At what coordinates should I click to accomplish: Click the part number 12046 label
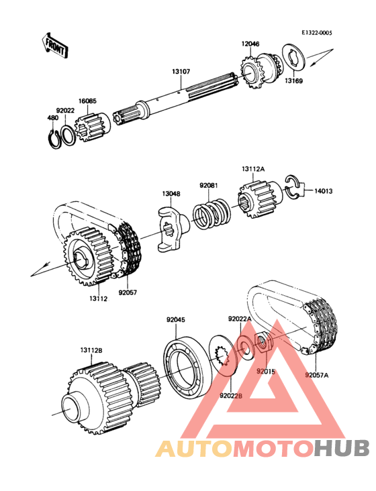[x=250, y=44]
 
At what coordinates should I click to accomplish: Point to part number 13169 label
[x=293, y=81]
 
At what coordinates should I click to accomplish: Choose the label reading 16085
[x=87, y=101]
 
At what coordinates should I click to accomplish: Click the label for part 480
[x=52, y=118]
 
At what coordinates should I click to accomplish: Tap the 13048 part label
[x=171, y=195]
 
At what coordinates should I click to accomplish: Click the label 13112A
[x=254, y=170]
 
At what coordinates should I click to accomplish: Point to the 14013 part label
[x=322, y=191]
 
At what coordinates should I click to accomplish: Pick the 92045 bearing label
[x=176, y=320]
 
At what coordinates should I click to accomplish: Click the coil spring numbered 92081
[x=209, y=215]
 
